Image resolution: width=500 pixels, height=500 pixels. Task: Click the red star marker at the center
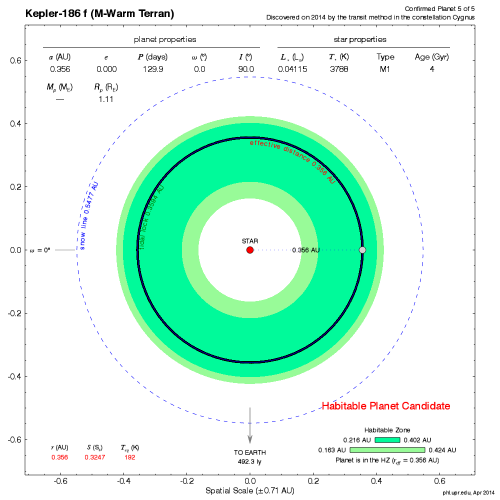[250, 250]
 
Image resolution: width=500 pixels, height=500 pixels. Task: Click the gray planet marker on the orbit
[362, 249]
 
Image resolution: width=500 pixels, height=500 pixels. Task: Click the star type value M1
[385, 69]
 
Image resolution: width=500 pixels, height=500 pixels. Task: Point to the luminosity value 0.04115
[292, 69]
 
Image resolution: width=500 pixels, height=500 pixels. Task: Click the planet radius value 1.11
[105, 99]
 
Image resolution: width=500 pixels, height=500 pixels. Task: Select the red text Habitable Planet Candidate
[386, 406]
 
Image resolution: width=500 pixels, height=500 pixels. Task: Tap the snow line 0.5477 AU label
[89, 215]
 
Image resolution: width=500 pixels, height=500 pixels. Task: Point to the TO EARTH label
[249, 452]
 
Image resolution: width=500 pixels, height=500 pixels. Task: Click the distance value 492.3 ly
[249, 461]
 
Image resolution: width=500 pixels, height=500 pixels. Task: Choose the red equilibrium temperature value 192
[130, 457]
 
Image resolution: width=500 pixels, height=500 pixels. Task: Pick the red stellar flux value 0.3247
[94, 457]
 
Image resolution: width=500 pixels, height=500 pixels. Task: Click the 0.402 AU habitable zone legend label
[417, 440]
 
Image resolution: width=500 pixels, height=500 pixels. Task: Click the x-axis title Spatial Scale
[249, 491]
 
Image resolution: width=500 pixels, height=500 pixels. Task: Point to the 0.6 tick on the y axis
[16, 60]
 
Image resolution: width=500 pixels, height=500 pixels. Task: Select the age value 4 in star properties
[431, 69]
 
